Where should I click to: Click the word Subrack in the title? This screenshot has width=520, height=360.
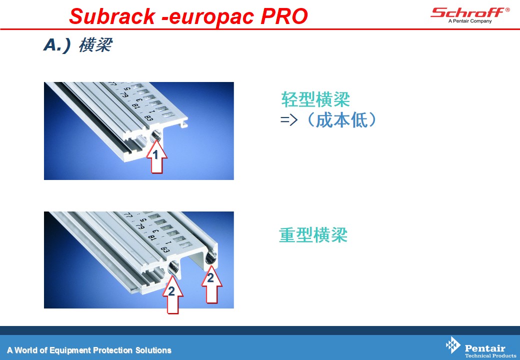coord(112,16)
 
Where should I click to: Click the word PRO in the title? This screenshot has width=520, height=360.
coord(284,16)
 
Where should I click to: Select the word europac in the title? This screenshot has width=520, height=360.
coord(211,17)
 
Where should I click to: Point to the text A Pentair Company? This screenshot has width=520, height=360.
coord(470,21)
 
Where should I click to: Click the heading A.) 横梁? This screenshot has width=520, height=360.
coord(78,45)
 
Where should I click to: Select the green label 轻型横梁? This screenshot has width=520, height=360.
coord(315,99)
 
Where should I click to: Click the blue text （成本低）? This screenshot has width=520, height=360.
coord(342,119)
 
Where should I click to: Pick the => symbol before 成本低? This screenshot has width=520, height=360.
coord(289,120)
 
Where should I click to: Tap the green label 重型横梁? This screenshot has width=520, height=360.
coord(313,234)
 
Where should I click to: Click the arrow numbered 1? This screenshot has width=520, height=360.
coord(156,157)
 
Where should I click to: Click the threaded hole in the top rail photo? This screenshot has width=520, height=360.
coord(156,136)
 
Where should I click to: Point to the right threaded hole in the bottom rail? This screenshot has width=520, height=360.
coord(211,257)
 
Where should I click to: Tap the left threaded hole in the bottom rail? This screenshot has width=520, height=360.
coord(173,267)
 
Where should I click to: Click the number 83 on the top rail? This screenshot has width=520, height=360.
coord(148,118)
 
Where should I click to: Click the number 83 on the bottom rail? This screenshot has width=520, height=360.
coord(165,249)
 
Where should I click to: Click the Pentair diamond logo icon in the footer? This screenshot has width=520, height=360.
coord(453,345)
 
